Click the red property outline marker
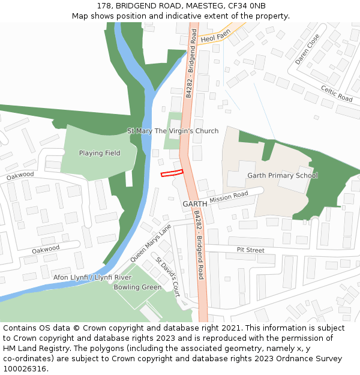172,173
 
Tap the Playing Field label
100,153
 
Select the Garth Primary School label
283,176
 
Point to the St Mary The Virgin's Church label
173,131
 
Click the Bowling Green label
137,287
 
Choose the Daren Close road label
307,49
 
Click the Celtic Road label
337,93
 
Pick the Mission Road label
229,197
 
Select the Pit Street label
250,250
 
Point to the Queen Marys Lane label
151,241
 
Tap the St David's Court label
168,277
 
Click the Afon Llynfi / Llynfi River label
92,278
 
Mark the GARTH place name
195,204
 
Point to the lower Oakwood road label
46,249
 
